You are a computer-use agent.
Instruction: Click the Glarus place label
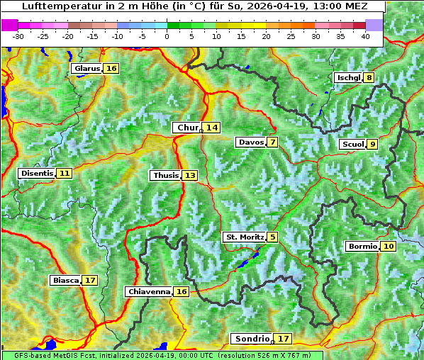tap(86, 68)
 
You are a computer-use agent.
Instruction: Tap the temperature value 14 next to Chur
tap(212, 128)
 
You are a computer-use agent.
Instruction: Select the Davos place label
tap(250, 142)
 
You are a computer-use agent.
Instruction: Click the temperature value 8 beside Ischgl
tap(369, 78)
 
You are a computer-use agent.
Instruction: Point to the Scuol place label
tap(352, 145)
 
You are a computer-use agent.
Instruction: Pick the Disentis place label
tap(36, 173)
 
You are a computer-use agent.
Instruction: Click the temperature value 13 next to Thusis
tap(189, 175)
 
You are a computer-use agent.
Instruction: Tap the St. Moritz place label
tap(244, 237)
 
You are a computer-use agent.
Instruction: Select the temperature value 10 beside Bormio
tap(388, 247)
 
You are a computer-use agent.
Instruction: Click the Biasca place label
tap(65, 281)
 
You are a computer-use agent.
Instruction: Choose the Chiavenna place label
tap(148, 291)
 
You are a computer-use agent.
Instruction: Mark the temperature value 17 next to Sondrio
tap(283, 339)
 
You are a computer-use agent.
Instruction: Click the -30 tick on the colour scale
tap(18, 36)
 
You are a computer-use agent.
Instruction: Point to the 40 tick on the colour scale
tap(365, 36)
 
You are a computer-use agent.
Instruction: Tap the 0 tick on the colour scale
tap(167, 36)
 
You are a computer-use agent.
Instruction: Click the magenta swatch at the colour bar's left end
tap(10, 25)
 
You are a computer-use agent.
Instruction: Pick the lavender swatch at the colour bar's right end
tap(374, 25)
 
